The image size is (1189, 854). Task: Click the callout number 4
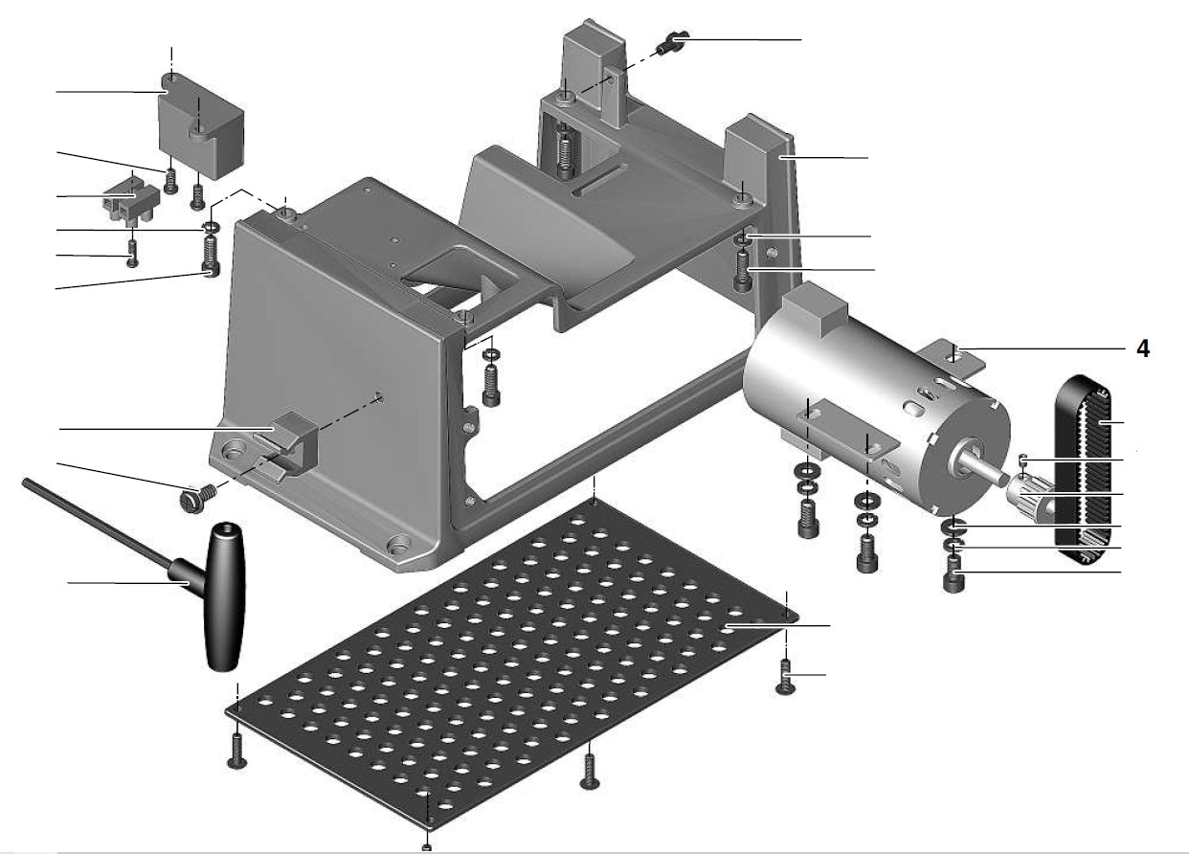(1142, 348)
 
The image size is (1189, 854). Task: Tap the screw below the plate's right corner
(785, 678)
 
